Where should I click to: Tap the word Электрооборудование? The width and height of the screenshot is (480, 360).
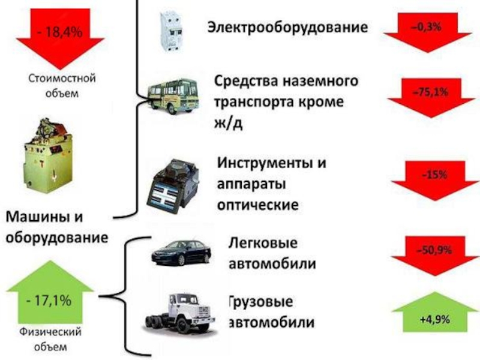pos(288,27)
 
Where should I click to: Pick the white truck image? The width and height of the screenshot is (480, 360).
pos(179,313)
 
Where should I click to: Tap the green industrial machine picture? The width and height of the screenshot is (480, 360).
pos(49,155)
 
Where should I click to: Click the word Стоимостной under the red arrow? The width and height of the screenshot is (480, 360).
pos(62,79)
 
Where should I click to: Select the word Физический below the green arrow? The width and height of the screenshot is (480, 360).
pos(50,332)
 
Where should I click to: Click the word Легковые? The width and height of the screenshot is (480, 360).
pos(263,243)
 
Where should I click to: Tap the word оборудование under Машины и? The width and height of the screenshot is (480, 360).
pos(57,238)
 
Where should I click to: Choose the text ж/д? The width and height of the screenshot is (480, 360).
pos(229,122)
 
